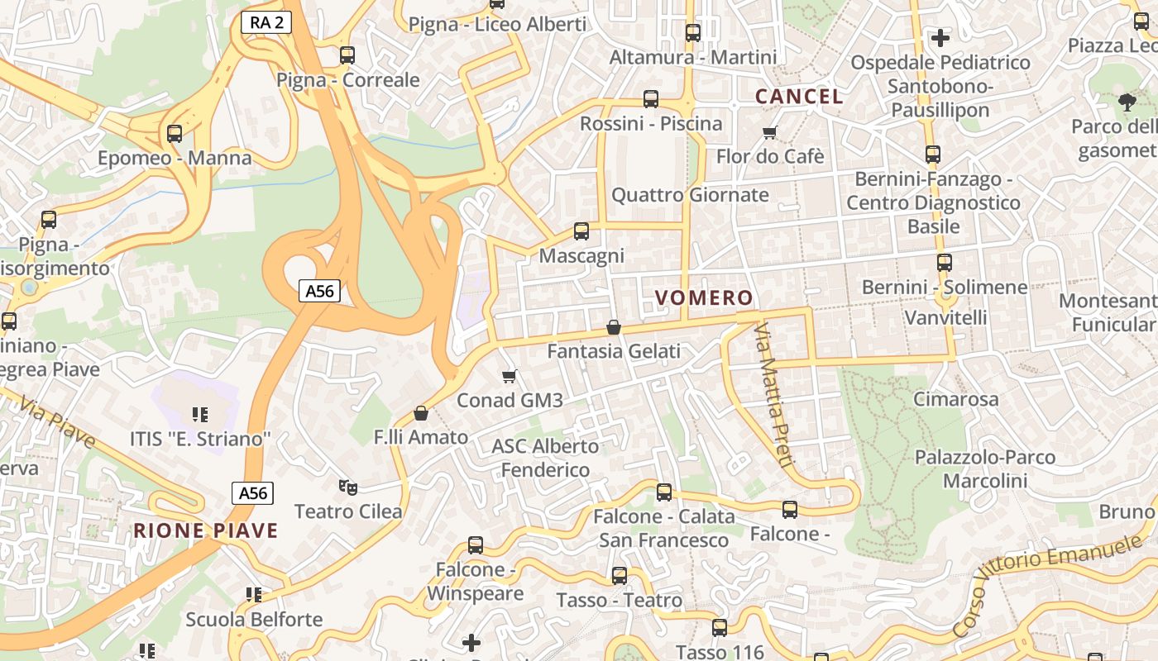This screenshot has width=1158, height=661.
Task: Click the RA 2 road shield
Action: point(266,22)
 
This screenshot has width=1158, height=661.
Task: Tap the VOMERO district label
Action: point(704,297)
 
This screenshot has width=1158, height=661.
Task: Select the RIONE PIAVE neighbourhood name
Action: point(206,530)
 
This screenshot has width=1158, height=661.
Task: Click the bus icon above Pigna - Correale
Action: point(347,55)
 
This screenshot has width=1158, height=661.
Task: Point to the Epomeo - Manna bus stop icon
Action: point(174,133)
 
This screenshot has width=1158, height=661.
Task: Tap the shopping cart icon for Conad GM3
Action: point(510,376)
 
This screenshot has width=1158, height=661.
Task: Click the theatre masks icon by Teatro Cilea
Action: point(347,487)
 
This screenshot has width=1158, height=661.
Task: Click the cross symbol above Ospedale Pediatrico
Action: point(940,37)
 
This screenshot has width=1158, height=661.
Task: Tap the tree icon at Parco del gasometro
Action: point(1127,102)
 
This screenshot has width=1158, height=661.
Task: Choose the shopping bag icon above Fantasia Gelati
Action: point(614,327)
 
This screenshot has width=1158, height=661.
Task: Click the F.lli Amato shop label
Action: point(421,437)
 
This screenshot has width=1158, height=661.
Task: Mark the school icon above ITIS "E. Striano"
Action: point(199,414)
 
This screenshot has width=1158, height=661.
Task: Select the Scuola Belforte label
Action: point(254,619)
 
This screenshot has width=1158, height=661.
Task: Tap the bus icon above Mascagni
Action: point(581,231)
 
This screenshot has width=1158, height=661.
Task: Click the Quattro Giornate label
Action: point(690,195)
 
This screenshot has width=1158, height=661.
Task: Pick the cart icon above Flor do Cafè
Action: point(770,132)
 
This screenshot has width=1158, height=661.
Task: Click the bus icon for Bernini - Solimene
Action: point(945,263)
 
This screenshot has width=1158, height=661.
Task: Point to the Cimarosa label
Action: point(955,399)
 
